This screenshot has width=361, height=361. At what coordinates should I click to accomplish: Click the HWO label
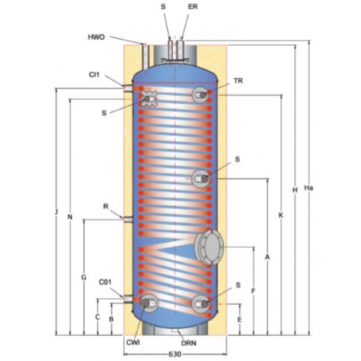96,37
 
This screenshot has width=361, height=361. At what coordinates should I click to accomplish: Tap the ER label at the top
193,7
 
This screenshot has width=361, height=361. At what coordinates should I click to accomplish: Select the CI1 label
94,75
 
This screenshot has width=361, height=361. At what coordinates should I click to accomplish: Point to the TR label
238,81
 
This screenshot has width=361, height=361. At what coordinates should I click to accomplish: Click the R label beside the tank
106,207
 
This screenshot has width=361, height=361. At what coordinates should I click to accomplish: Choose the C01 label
105,282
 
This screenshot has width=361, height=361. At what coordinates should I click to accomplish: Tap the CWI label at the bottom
133,342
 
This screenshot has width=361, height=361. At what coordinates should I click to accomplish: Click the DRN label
189,343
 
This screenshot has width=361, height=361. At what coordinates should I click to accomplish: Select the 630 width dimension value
175,354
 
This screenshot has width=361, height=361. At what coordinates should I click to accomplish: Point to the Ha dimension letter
309,188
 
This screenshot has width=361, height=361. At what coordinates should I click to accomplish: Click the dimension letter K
281,215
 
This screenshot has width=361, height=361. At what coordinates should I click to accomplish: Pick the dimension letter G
84,278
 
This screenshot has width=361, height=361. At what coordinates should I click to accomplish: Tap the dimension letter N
70,217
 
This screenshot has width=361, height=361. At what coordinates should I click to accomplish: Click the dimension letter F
253,291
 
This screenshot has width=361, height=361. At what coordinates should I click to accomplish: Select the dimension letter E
240,319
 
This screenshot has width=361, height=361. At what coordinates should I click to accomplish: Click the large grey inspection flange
209,247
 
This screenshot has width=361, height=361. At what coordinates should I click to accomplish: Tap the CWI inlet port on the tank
148,303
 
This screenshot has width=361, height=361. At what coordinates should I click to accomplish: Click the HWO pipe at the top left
145,56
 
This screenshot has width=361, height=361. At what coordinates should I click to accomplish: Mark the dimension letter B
111,319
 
